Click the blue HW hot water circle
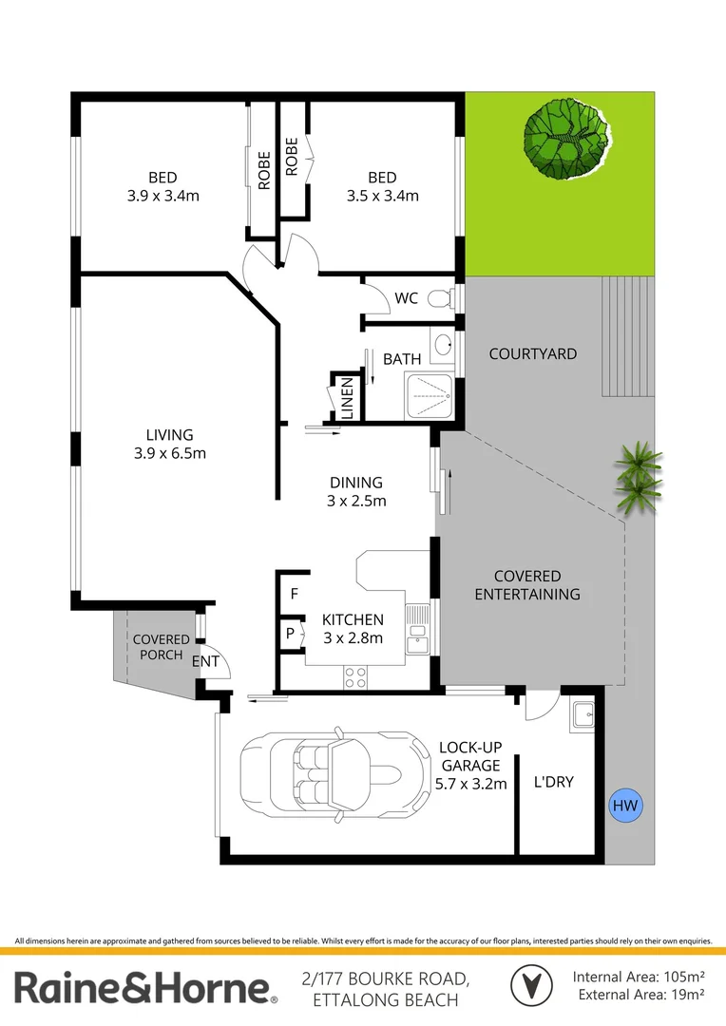coord(624,807)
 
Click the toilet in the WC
coord(440,299)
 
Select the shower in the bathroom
coord(430,394)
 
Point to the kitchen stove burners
coord(355,677)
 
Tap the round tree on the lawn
coord(567,141)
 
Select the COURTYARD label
coord(532,353)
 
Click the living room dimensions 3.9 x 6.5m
coord(170,453)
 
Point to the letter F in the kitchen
coord(295,595)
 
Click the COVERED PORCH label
coord(161,647)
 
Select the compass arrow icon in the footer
coord(529,984)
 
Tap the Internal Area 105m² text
coord(638,977)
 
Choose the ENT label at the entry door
coord(205,661)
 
